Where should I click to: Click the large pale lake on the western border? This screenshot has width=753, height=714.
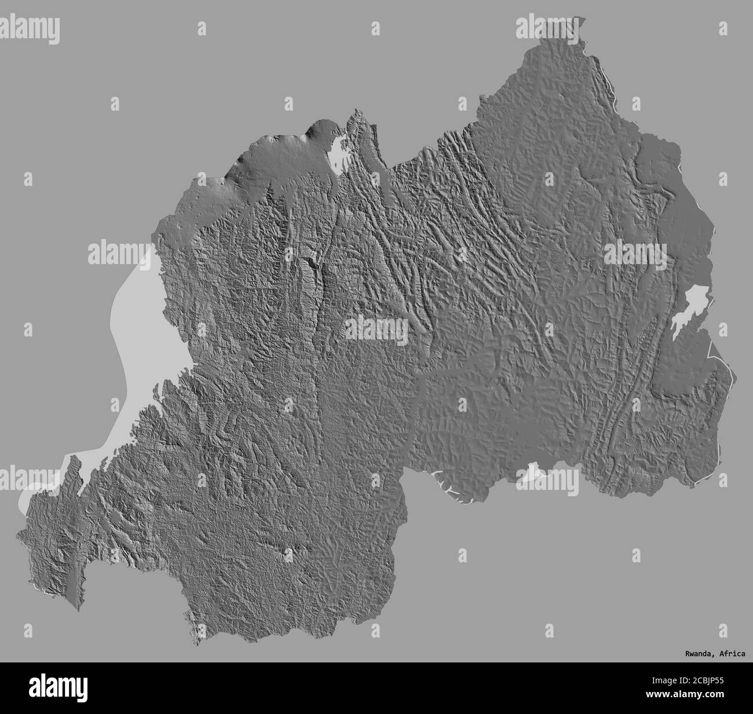click(139, 324)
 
